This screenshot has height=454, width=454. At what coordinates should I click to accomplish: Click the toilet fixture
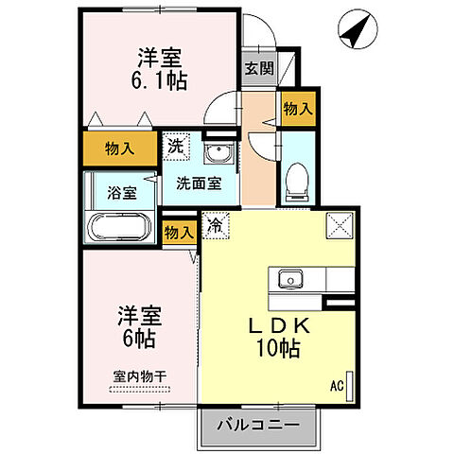(298, 176)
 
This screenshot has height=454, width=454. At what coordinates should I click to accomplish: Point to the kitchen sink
(288, 279)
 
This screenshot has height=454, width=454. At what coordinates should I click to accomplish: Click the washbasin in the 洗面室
(221, 152)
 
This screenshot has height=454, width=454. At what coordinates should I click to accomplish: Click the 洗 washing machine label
(176, 147)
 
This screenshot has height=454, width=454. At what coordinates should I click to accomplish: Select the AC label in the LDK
(336, 385)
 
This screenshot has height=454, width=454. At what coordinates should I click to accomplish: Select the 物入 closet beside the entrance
(297, 110)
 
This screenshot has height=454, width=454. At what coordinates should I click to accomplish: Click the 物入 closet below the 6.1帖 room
(119, 148)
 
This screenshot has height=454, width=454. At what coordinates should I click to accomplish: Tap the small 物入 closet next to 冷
(179, 231)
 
